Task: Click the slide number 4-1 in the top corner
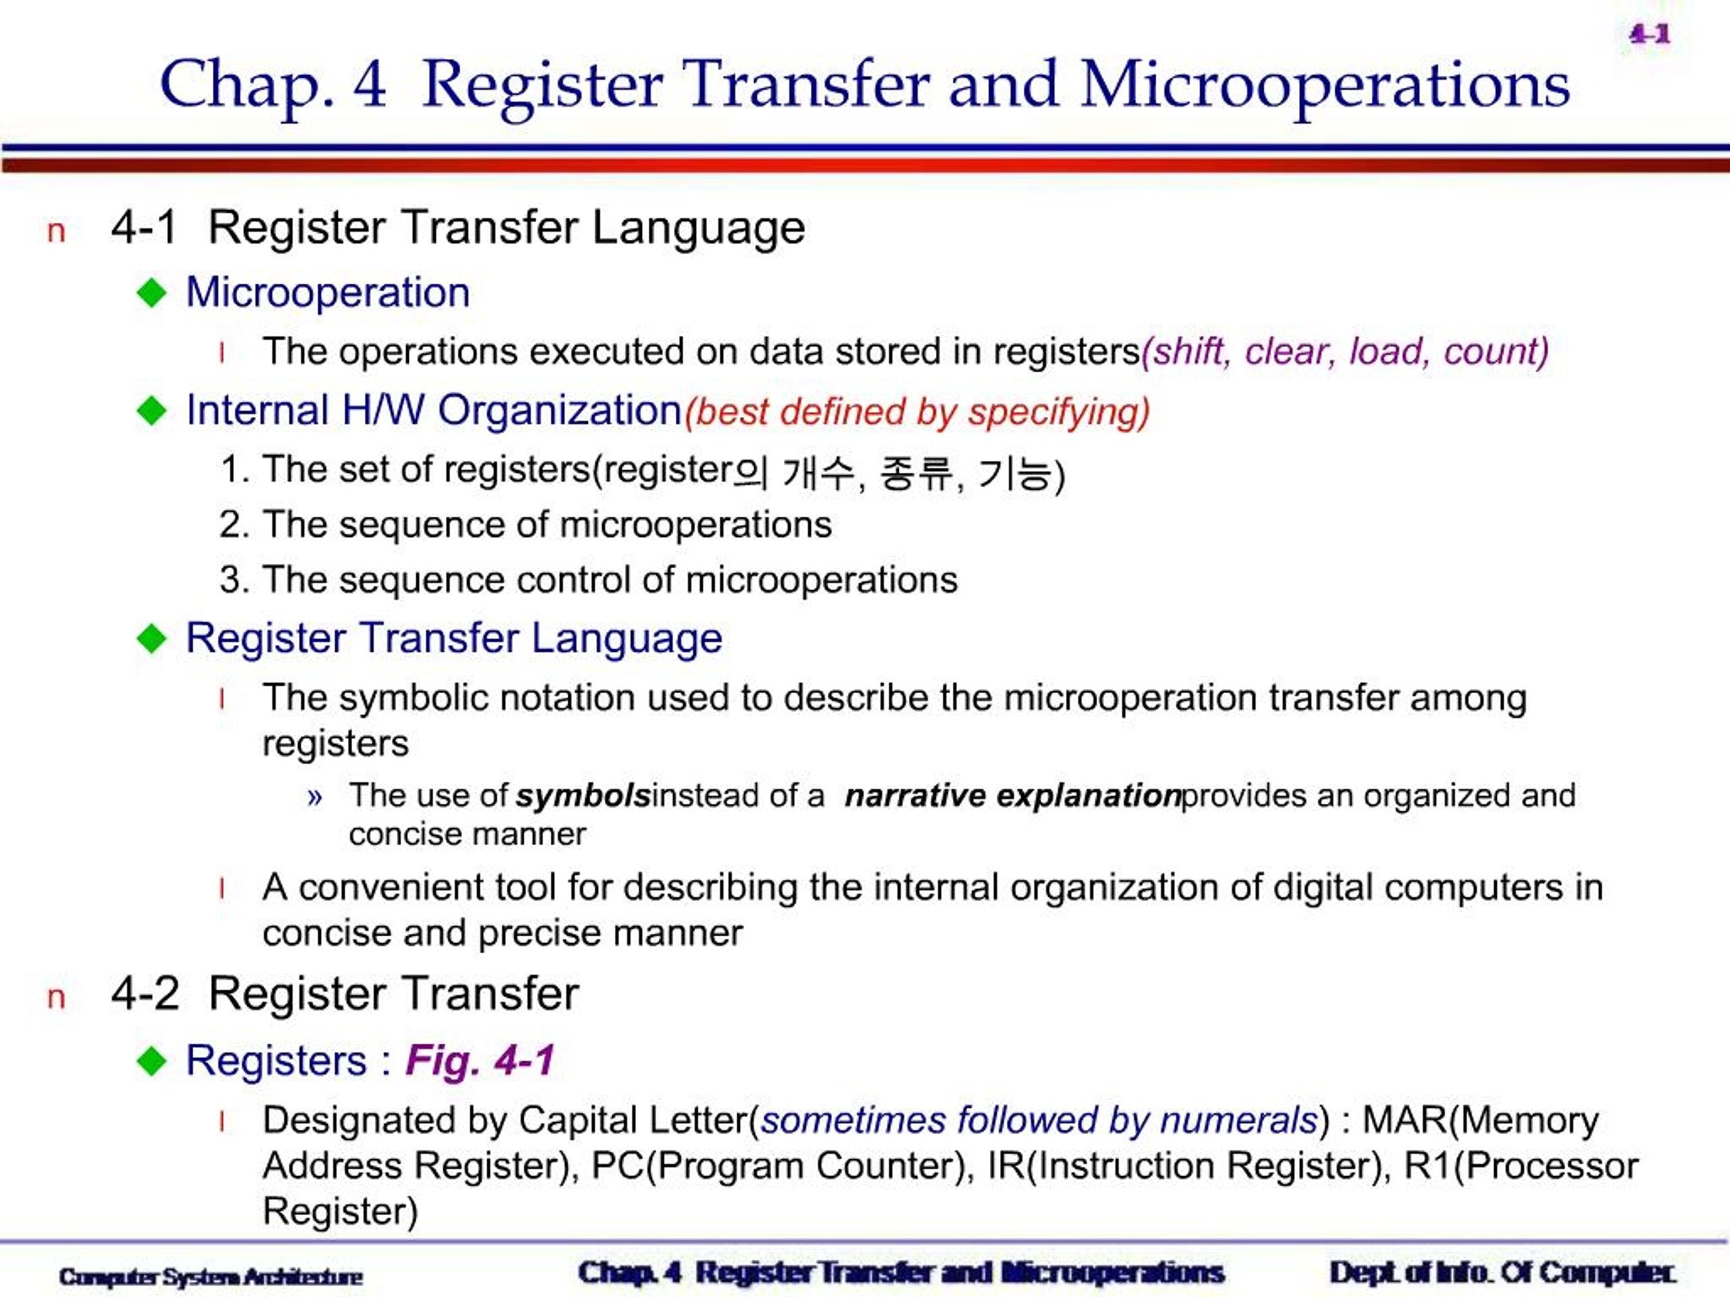point(1650,34)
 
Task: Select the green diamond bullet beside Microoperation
point(152,293)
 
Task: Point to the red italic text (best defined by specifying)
point(916,412)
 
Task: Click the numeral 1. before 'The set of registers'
point(234,469)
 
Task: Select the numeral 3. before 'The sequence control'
point(234,580)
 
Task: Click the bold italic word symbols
point(583,796)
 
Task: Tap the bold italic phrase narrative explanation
point(1013,796)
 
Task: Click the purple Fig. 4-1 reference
point(479,1060)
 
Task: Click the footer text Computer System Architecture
point(210,1277)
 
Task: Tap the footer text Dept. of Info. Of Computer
point(1502,1273)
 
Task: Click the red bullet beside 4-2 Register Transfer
point(55,998)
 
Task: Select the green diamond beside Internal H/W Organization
point(152,411)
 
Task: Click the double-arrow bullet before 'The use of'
point(314,797)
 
